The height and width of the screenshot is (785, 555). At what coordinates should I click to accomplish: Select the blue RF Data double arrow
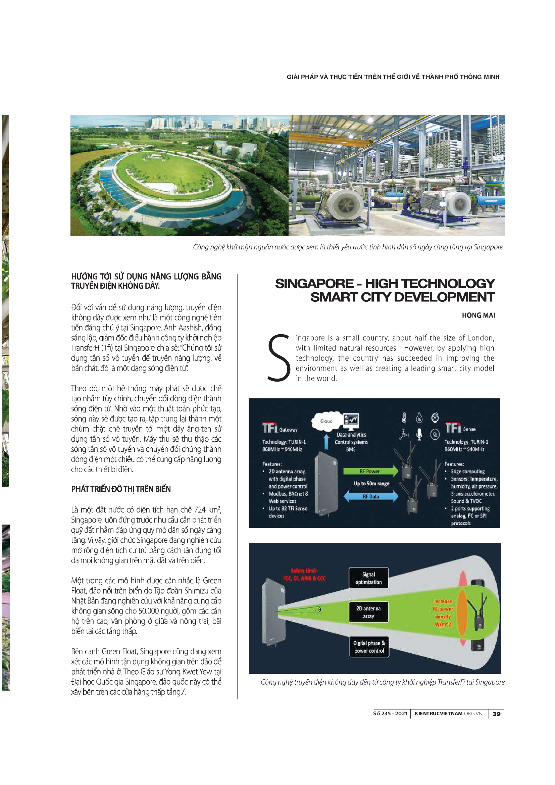[371, 496]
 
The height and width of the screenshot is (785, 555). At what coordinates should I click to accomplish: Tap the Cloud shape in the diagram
[326, 421]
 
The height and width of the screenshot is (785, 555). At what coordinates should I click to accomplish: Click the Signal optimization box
[368, 578]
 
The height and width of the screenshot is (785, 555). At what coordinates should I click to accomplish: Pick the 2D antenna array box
[368, 612]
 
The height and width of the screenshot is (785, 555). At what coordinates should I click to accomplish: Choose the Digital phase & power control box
[369, 647]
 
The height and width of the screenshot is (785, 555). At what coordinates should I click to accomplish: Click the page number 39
[497, 714]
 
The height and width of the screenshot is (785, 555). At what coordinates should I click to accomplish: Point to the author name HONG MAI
[478, 315]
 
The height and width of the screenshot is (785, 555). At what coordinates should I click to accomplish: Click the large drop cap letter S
[279, 358]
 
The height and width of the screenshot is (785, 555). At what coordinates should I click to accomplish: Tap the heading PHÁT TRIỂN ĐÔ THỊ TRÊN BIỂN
[121, 489]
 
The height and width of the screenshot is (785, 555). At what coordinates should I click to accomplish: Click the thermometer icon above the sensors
[404, 418]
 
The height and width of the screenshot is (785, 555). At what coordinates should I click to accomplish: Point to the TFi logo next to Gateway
[270, 428]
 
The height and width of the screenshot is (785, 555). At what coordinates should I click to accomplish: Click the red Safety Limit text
[304, 574]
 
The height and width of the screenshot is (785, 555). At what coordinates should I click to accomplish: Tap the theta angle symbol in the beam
[319, 609]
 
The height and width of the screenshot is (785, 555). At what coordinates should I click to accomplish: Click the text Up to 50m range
[371, 483]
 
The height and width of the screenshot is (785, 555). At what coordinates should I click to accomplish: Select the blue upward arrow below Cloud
[326, 441]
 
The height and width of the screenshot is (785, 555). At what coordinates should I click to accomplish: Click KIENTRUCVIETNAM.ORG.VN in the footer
[448, 714]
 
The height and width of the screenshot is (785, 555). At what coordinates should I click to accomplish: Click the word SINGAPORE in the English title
[314, 284]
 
